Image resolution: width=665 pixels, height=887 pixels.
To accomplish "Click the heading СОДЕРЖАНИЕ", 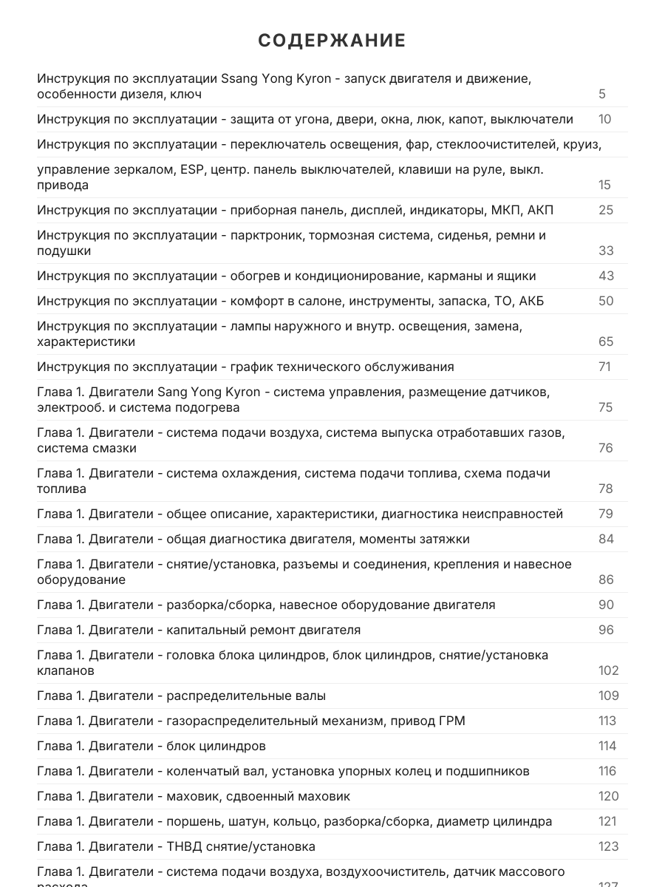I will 332,41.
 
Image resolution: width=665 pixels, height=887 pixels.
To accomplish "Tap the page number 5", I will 602,94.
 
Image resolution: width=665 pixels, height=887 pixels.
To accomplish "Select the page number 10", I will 604,119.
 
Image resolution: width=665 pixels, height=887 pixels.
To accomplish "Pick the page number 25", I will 606,210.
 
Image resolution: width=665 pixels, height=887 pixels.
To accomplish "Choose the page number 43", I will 606,276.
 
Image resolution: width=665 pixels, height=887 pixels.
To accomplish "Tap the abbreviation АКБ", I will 532,301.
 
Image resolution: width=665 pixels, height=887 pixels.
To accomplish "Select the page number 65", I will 606,341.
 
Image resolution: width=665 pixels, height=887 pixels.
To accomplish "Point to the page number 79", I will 606,514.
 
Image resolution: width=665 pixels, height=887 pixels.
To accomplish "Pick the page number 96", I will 606,630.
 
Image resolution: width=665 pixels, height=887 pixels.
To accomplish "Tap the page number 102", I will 608,670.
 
